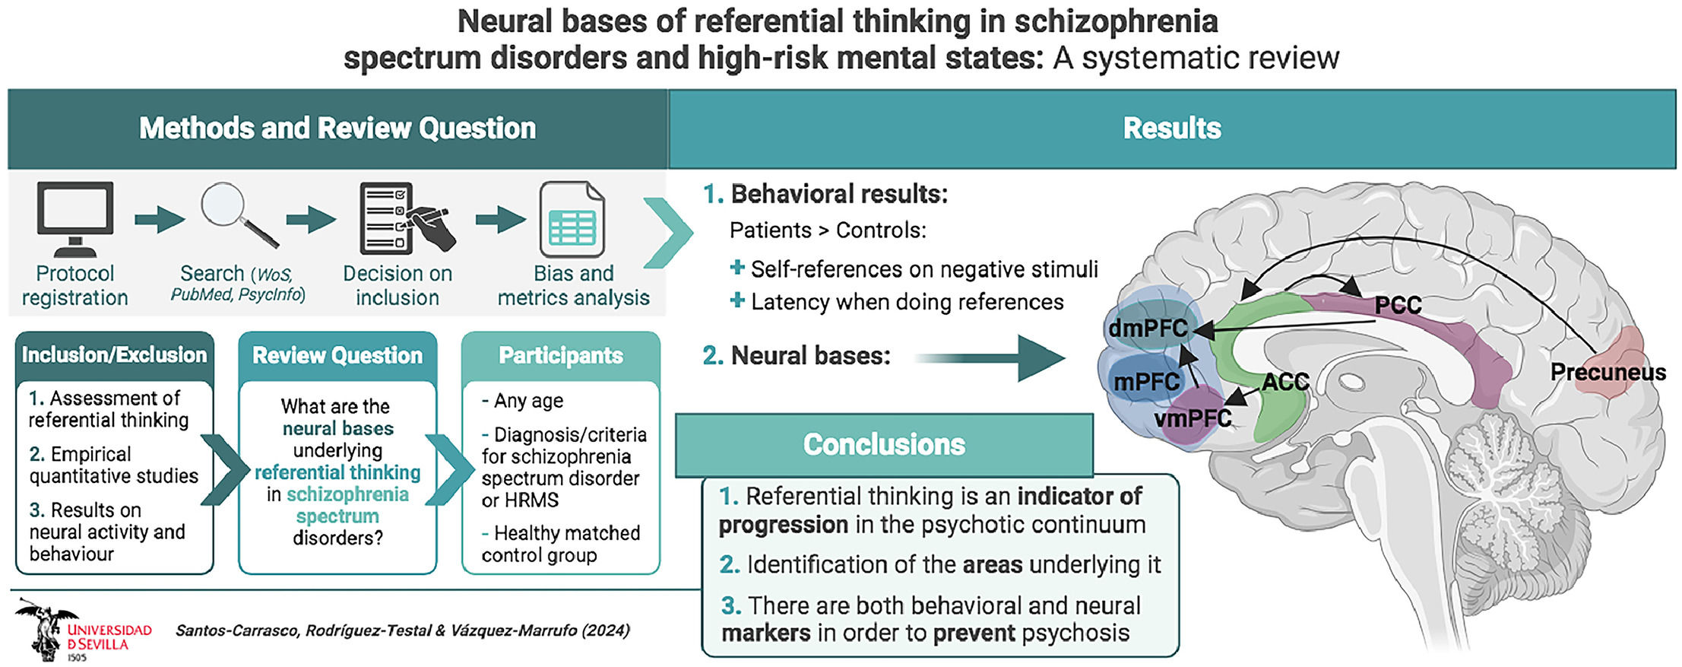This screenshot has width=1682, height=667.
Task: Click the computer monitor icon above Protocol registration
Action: point(74,218)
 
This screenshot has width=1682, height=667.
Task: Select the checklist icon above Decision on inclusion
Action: point(404,218)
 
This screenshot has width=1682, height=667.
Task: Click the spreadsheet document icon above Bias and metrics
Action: point(572,220)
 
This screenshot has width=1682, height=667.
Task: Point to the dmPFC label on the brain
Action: point(1147,329)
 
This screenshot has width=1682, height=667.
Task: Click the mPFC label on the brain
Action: point(1145,381)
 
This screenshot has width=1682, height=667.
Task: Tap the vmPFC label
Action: point(1192,418)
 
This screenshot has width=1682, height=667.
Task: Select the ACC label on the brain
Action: point(1284,382)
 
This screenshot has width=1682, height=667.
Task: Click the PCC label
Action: point(1397,306)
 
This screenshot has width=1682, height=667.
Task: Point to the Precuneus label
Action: point(1607,372)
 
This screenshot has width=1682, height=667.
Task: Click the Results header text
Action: point(1171,128)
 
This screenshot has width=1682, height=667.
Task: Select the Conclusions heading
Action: point(883,444)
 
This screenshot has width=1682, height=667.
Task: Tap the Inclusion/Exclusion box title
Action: point(114,354)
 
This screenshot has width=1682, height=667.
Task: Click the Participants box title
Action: point(560,355)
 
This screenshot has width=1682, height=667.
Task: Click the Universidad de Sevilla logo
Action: point(82,630)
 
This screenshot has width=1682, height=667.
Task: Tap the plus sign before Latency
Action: point(736,300)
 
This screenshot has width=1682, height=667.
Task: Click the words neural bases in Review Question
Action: point(337,428)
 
